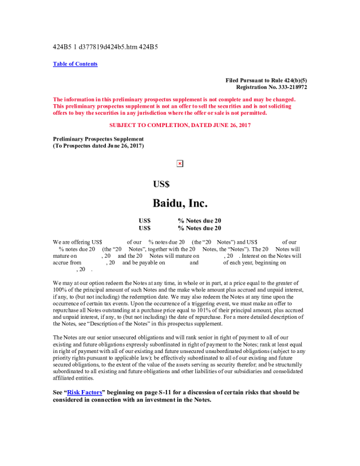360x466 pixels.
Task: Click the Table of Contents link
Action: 75,64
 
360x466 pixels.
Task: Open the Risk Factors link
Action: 81,392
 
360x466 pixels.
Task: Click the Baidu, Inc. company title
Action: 179,204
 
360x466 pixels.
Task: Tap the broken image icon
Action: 180,164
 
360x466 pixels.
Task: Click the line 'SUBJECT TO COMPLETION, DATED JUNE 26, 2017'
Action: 180,125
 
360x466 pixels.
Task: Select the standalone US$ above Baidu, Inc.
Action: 161,184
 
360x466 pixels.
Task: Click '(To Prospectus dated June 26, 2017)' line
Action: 98,146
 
